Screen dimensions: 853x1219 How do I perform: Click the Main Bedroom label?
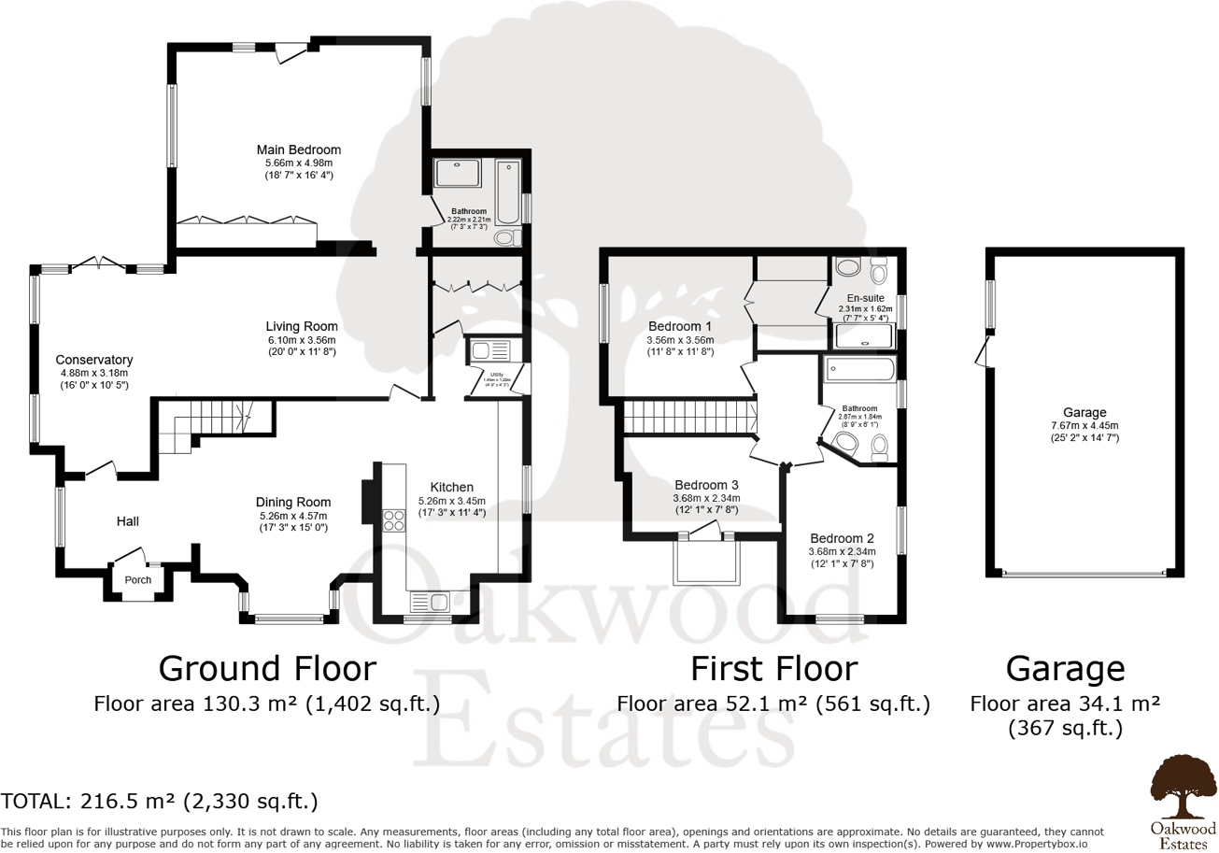click(299, 149)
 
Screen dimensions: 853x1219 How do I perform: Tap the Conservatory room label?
click(93, 360)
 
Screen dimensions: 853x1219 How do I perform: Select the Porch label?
click(138, 579)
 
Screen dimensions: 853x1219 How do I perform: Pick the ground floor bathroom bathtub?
click(509, 191)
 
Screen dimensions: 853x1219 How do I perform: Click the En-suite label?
click(866, 298)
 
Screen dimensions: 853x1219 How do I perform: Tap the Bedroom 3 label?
click(706, 485)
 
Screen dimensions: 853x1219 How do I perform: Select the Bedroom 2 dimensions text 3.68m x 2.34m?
click(842, 551)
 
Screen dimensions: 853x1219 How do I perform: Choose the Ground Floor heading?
click(267, 669)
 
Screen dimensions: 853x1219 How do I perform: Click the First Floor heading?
click(773, 669)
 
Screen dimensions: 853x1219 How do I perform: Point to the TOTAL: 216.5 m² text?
click(160, 801)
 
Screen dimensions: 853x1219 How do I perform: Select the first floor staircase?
click(689, 417)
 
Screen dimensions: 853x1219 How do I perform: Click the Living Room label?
click(300, 326)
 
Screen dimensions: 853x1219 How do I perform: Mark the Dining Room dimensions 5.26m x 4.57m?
click(295, 515)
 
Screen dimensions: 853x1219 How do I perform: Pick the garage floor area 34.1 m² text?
click(1065, 704)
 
